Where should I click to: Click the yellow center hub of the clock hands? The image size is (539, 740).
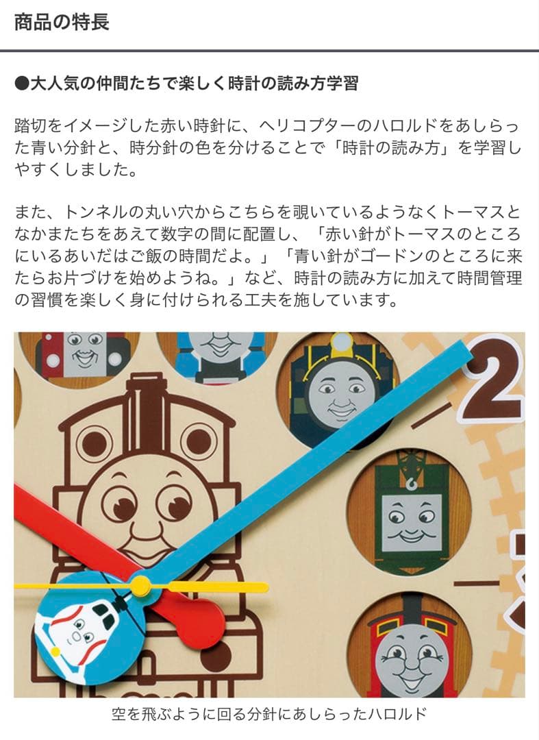point(140,585)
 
